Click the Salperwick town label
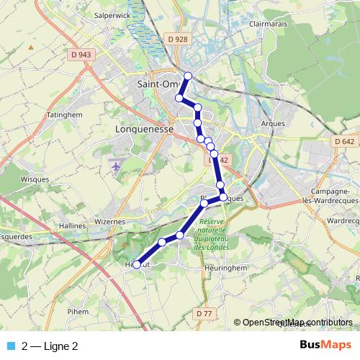111,14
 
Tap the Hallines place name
73,225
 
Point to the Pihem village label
78,312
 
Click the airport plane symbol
117,166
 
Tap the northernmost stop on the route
188,76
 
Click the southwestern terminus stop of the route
137,264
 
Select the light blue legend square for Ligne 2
9,346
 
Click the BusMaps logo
325,345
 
